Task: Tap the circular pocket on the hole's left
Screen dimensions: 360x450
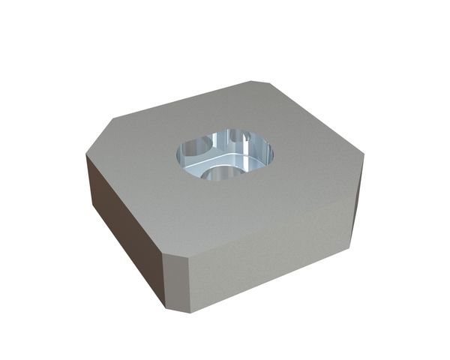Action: coord(196,147)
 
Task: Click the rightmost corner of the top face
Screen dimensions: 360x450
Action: coord(364,157)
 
